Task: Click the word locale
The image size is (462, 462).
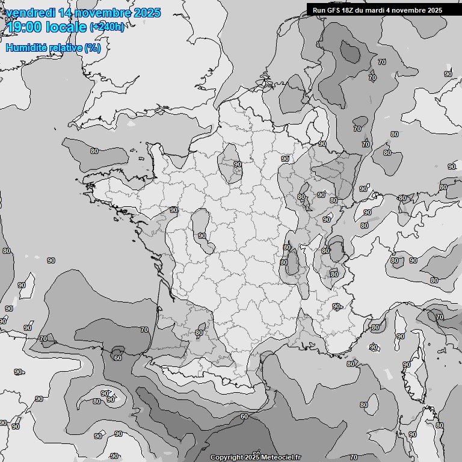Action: pos(67,27)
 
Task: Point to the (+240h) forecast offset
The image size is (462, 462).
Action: pos(107,27)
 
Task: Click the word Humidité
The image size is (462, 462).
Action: pos(25,48)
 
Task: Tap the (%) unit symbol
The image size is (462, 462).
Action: pos(93,48)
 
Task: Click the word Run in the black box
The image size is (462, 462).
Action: pos(319,10)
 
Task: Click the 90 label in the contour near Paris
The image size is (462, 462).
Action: pos(237,164)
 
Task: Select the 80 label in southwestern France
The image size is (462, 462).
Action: pos(199,333)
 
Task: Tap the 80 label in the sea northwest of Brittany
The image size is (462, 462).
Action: pos(94,151)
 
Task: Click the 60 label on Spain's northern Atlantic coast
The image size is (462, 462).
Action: pos(117,358)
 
